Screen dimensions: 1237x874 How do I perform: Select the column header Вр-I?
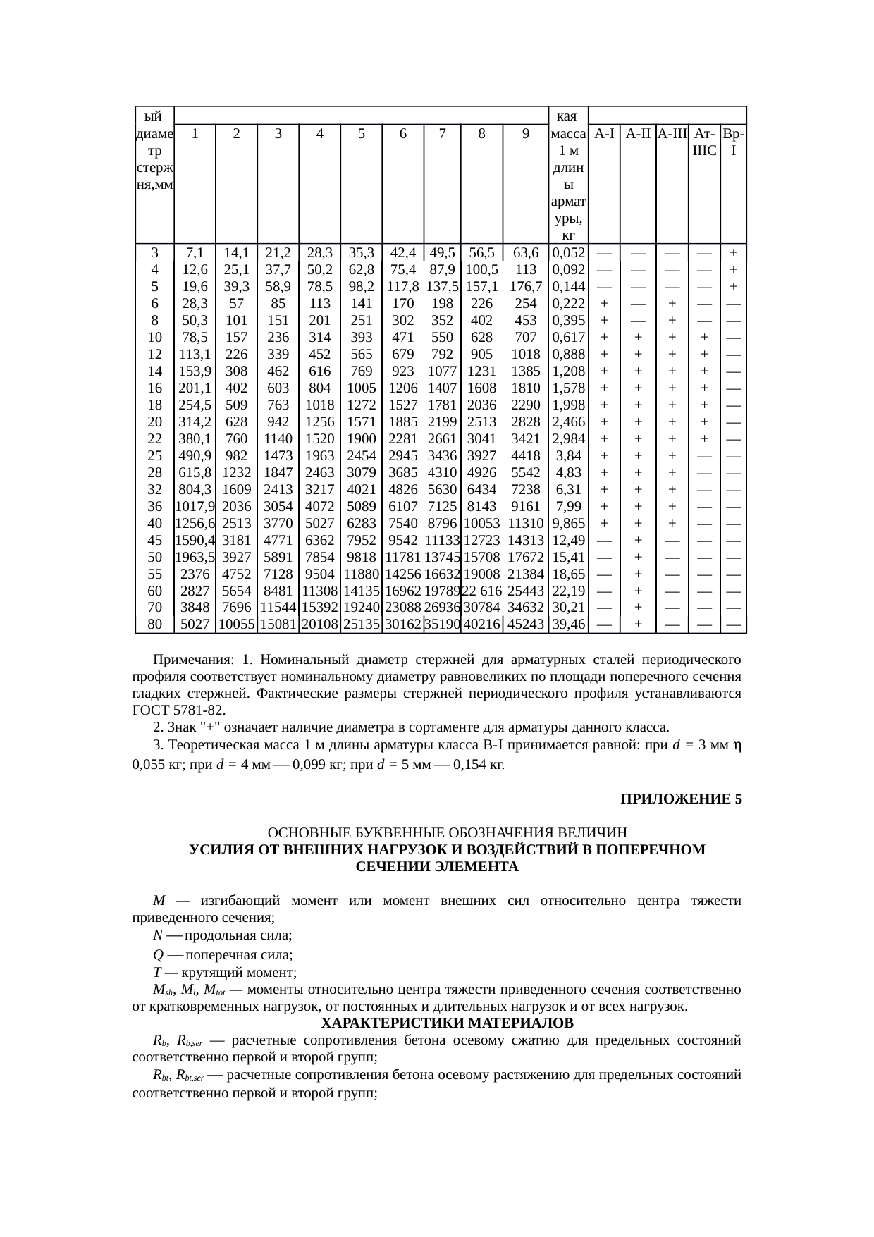[x=734, y=142]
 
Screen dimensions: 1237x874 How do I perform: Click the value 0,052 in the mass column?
[x=568, y=253]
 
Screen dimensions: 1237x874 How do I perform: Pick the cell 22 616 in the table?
[x=481, y=591]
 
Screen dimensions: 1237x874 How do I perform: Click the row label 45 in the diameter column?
[x=154, y=540]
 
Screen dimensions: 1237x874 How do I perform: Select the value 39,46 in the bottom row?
[x=568, y=624]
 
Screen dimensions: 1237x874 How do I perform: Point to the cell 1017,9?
[x=195, y=506]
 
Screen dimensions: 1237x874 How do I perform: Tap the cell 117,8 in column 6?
[x=402, y=287]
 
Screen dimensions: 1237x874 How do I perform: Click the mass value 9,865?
[x=568, y=523]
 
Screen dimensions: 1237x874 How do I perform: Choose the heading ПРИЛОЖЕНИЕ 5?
[x=681, y=799]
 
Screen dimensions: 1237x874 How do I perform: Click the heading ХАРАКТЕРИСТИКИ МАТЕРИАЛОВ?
[x=447, y=1022]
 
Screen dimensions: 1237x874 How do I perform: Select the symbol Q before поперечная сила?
[x=158, y=955]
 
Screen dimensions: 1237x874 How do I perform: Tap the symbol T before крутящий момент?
[x=156, y=973]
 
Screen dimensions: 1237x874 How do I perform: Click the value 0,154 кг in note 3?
[x=479, y=765]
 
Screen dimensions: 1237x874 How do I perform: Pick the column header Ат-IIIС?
[x=703, y=142]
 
